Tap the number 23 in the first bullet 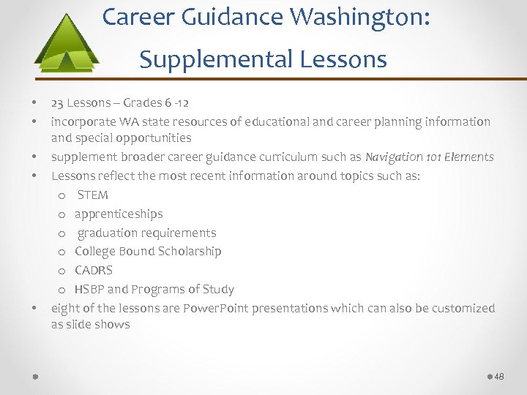[57, 102]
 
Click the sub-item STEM [92, 195]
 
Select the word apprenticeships [119, 214]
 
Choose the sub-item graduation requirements [146, 233]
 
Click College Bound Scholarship [148, 251]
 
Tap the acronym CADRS [94, 270]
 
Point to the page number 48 [499, 376]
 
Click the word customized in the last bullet [463, 308]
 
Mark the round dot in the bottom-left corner [35, 376]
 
